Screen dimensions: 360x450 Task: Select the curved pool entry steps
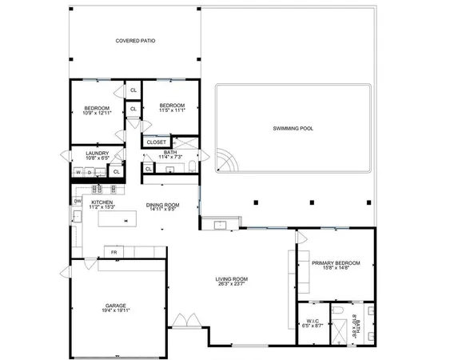point(225,162)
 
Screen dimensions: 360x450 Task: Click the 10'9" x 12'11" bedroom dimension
point(97,112)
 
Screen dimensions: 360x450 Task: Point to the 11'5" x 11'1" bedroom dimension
point(172,110)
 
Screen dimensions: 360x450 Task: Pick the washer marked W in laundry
point(78,171)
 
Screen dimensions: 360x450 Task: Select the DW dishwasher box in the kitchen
point(78,201)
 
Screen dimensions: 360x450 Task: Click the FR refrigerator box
point(114,253)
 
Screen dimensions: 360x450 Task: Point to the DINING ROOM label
point(162,205)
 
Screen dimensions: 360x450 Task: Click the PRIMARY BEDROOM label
point(336,263)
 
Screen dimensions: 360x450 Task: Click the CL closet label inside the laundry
point(116,170)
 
